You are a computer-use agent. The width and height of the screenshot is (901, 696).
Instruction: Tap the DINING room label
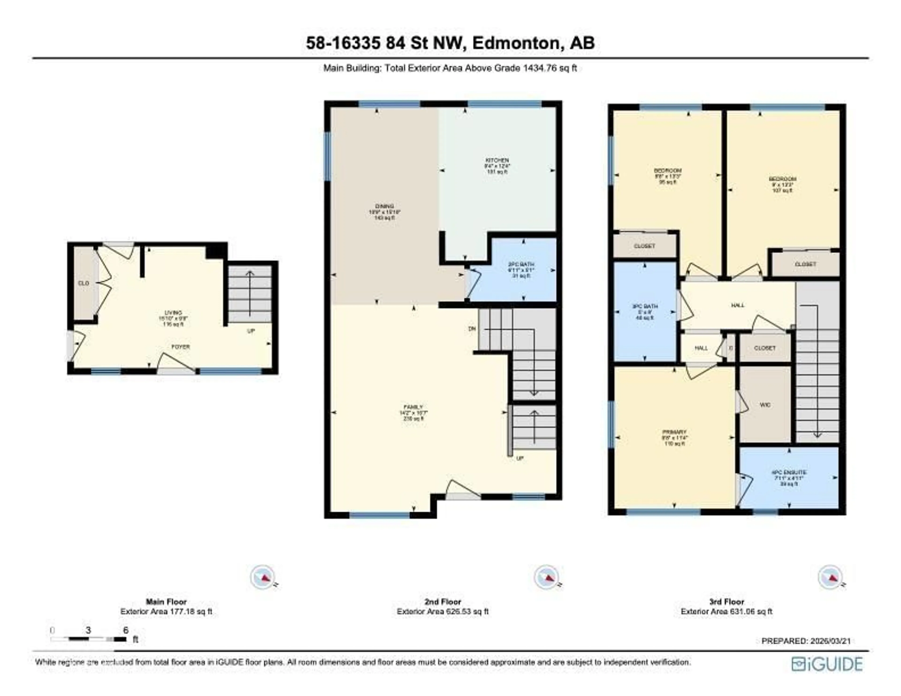[384, 206]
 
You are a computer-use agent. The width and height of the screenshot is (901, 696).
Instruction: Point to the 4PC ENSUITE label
[789, 472]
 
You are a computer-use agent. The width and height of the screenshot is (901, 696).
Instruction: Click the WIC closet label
[765, 405]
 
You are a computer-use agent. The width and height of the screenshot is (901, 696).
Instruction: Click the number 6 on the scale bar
[126, 630]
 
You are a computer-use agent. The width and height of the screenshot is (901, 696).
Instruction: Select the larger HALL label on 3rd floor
[738, 305]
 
